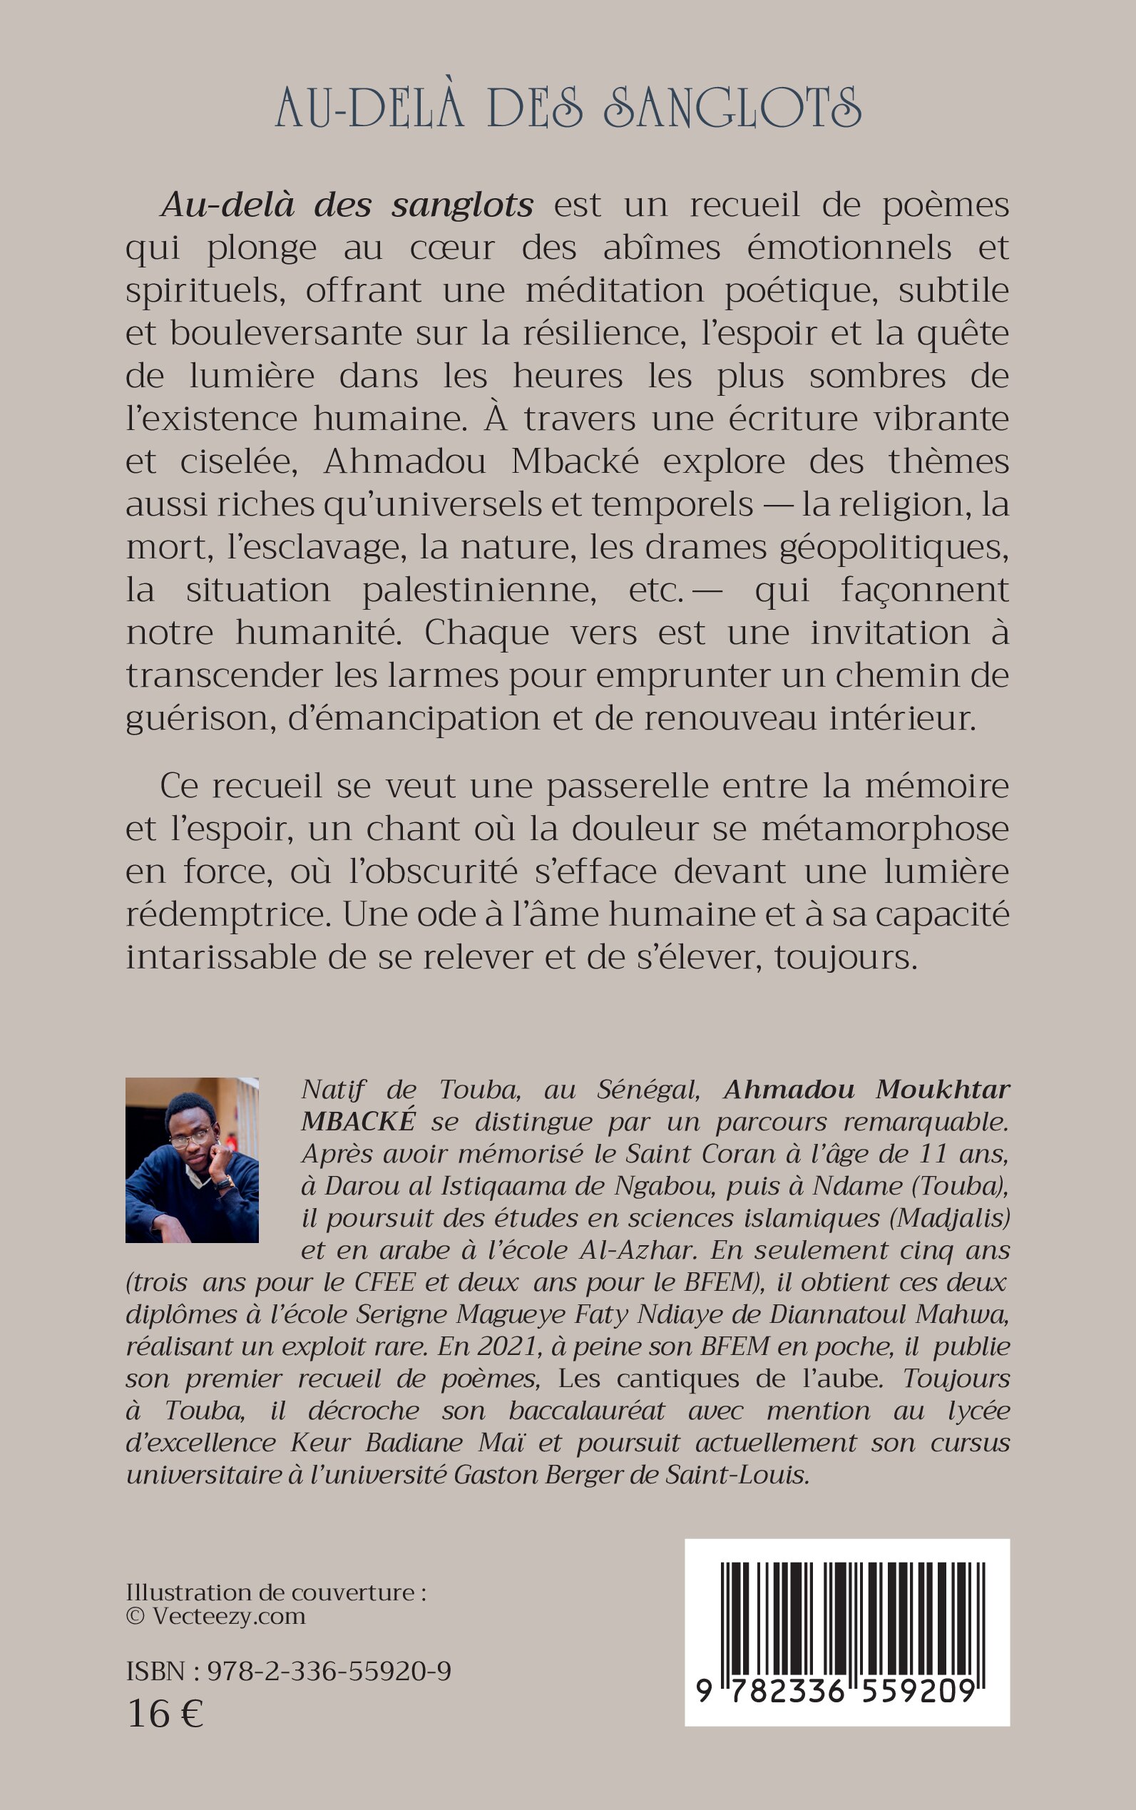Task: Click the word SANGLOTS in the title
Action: (x=732, y=108)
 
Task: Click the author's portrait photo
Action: (x=192, y=1160)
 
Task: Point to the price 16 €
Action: (x=165, y=1715)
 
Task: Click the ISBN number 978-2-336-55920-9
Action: (x=328, y=1671)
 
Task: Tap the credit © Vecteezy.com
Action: (x=215, y=1616)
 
